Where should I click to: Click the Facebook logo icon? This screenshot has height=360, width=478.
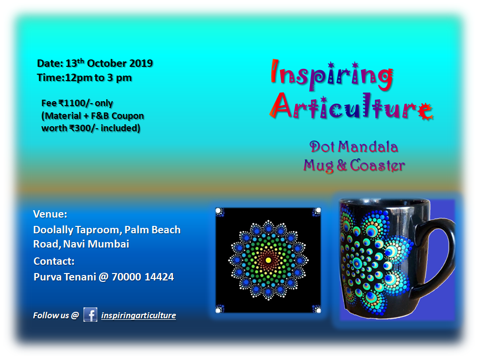pos(90,315)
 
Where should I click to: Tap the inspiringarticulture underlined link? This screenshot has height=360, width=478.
pos(139,315)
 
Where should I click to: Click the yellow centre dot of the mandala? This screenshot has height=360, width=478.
pos(268,260)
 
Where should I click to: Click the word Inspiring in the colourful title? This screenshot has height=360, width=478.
pos(332,75)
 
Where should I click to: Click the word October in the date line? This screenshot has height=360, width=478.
pos(107,63)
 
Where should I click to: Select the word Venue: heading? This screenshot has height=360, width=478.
pos(50,214)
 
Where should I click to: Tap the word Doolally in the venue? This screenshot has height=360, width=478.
pos(53,230)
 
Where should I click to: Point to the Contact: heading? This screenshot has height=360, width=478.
pos(54,261)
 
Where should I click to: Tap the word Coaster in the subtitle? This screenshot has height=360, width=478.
pos(377,165)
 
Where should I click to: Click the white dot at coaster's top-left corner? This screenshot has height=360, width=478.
pos(218,211)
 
